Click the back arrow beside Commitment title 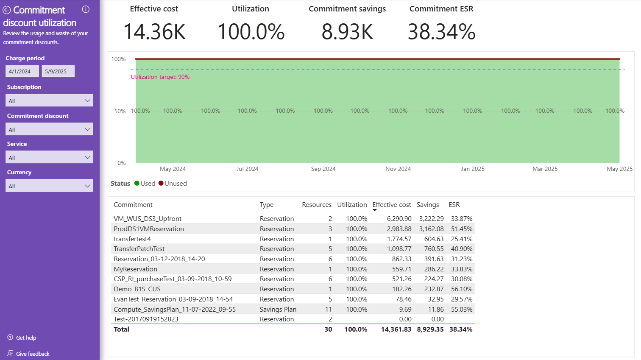click(x=7, y=10)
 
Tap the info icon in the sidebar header click(x=86, y=9)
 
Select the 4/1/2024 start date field click(x=22, y=71)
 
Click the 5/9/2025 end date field click(x=58, y=71)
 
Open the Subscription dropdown click(x=49, y=100)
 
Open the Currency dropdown click(x=49, y=186)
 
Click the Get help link click(x=26, y=338)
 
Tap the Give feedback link click(x=33, y=354)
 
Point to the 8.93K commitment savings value click(x=347, y=32)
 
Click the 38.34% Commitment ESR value click(x=441, y=32)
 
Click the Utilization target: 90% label click(x=160, y=77)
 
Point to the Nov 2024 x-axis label click(x=398, y=169)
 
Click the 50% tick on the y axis click(x=120, y=111)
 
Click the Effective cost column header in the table click(x=392, y=205)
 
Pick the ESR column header click(x=454, y=205)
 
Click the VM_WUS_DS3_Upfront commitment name click(x=148, y=219)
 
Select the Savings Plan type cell click(x=278, y=310)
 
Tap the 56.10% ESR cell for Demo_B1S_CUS click(x=461, y=289)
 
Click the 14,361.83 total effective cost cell click(x=396, y=329)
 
